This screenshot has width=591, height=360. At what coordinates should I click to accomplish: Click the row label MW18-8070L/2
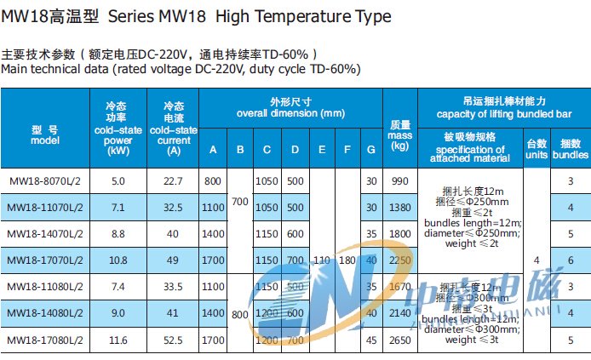coord(44,181)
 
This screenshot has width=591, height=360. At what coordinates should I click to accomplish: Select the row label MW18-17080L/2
coord(44,340)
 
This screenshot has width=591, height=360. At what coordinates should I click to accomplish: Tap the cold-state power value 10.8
coord(118,260)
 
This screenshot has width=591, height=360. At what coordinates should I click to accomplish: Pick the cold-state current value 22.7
coord(174,181)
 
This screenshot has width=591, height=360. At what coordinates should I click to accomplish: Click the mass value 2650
coord(400,340)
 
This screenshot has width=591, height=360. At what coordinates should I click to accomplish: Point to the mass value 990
coord(400,181)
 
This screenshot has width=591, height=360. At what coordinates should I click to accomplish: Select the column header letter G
coord(370,151)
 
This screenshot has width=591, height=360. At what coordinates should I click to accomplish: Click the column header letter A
coord(213,151)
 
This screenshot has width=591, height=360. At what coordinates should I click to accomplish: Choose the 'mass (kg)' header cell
coord(399,134)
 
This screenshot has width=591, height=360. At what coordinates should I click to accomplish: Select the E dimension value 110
coord(322,260)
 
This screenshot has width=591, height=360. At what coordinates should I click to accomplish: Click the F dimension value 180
coord(347,260)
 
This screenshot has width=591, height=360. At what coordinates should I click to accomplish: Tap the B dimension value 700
coord(240,202)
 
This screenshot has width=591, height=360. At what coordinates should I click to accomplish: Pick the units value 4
coord(536,260)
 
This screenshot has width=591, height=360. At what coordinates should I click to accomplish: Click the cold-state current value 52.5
coord(174,340)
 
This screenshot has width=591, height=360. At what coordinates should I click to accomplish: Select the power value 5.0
coord(118,181)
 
